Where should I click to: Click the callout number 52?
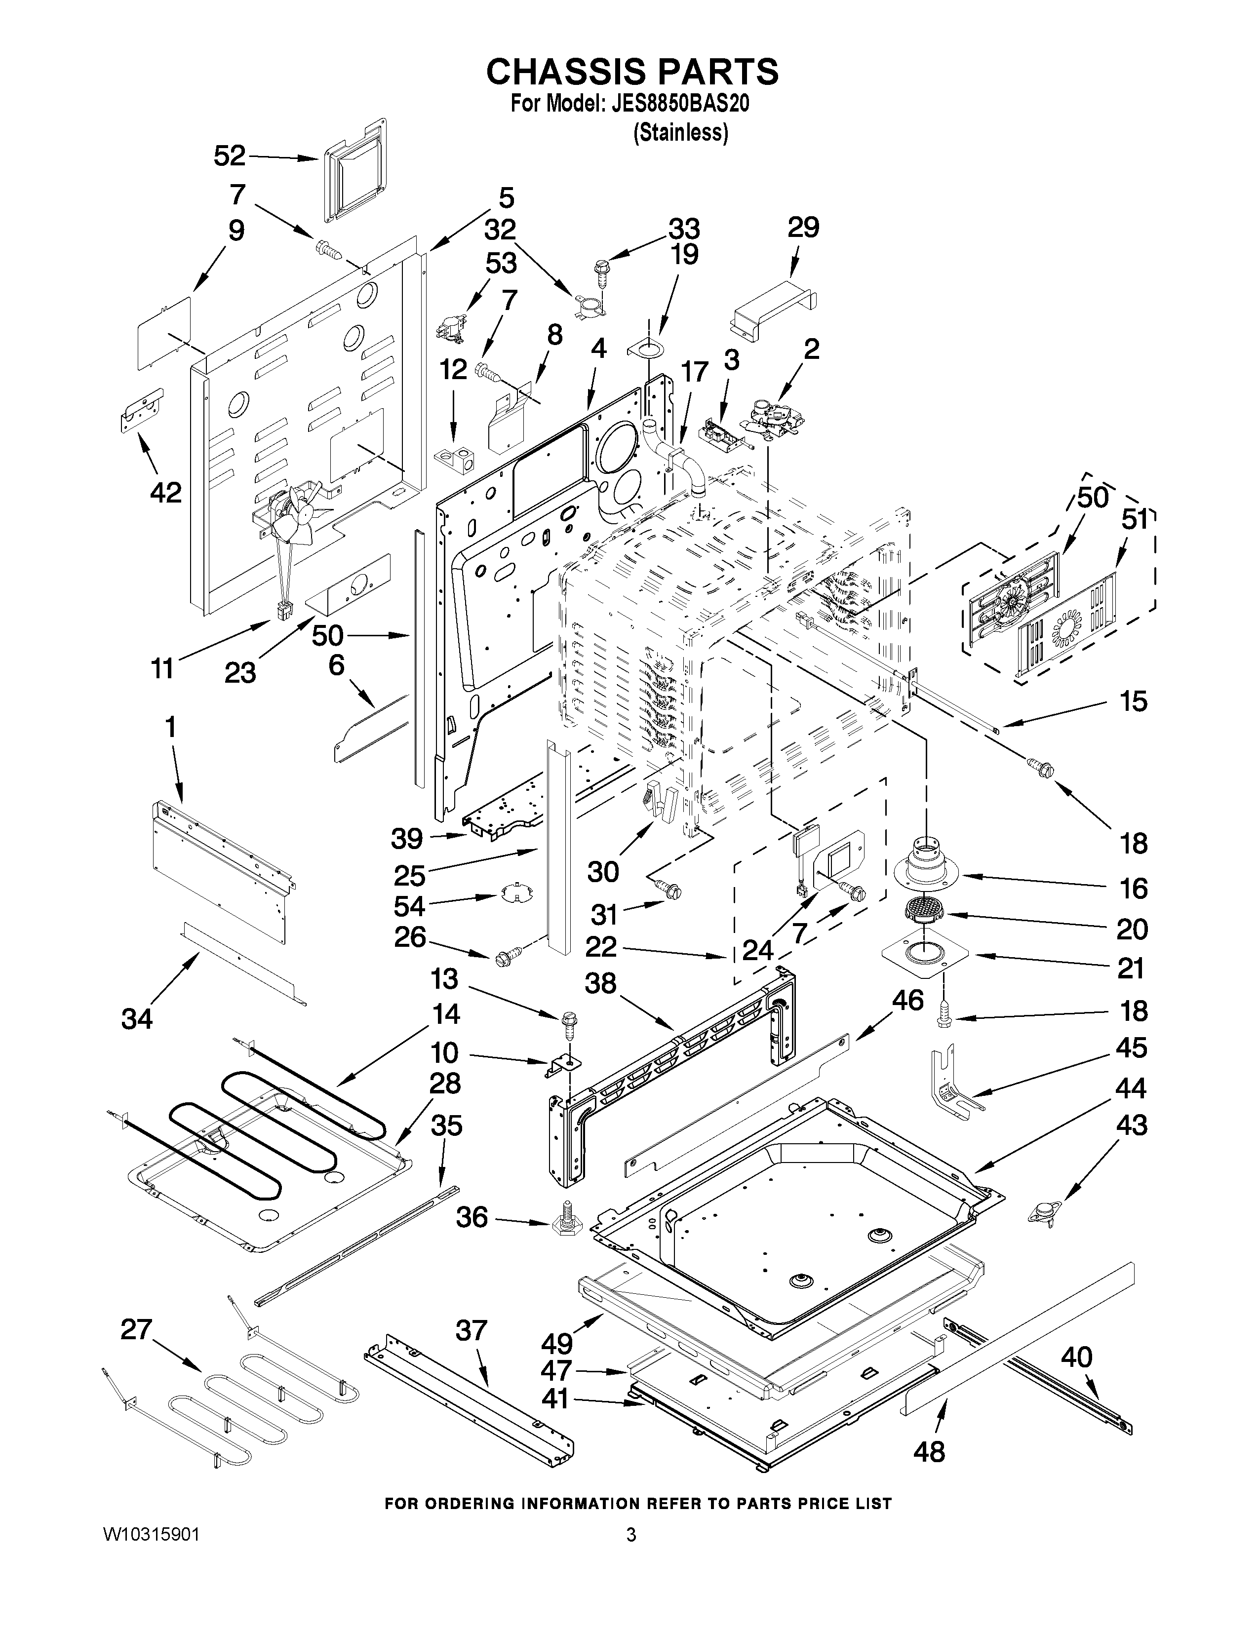point(230,156)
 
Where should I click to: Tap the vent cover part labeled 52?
point(356,170)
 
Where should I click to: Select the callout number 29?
point(803,227)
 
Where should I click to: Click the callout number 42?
point(165,492)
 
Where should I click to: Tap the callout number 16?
point(1134,888)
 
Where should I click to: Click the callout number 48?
point(929,1451)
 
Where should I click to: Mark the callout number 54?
point(409,906)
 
